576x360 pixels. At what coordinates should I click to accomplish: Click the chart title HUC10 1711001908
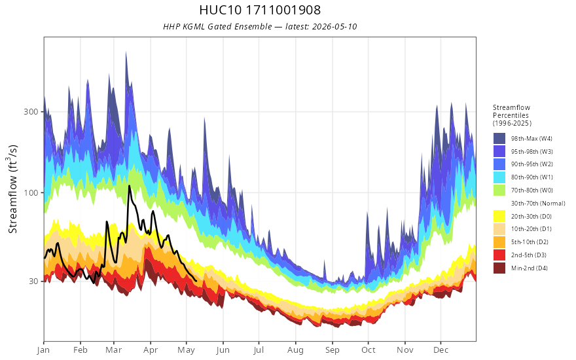coord(260,10)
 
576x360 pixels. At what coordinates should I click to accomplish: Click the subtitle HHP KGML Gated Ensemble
coord(217,26)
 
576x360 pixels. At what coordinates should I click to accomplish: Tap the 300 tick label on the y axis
coord(31,111)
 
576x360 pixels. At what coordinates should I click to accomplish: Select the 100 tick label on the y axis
coord(31,192)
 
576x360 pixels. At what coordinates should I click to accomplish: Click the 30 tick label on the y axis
coord(34,281)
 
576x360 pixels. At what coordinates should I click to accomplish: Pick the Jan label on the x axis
coord(43,350)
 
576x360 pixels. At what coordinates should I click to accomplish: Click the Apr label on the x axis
coord(151,350)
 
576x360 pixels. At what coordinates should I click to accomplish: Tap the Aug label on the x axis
coord(295,350)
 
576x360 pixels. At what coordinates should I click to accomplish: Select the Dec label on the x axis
coord(441,350)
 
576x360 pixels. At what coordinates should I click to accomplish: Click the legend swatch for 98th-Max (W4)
coord(499,139)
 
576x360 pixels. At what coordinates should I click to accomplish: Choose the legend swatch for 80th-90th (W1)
coord(499,177)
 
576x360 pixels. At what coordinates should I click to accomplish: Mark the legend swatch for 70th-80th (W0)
coord(499,190)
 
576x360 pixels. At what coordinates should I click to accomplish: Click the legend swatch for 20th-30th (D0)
coord(499,217)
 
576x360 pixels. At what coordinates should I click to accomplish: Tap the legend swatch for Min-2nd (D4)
coord(499,268)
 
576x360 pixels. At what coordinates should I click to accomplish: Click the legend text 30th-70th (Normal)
coord(538,204)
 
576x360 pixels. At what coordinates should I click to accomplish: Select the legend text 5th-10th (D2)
coord(530,242)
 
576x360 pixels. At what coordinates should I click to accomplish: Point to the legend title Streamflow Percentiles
coord(512,115)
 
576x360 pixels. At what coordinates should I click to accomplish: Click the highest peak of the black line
coord(129,186)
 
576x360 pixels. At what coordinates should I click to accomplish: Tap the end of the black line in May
coord(196,281)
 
